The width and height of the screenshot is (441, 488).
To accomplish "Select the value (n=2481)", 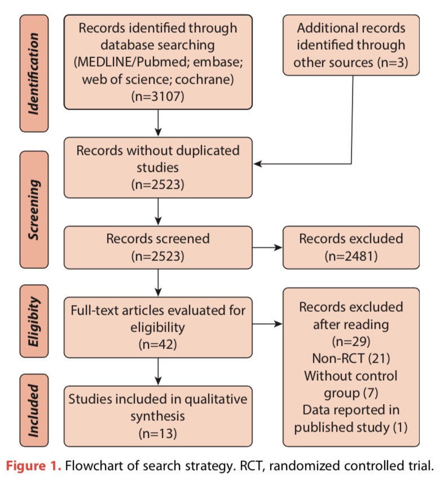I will [x=351, y=255].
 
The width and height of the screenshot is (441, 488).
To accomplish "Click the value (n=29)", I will [x=351, y=341].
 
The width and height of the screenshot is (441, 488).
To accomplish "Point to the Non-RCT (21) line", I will [x=351, y=358].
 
